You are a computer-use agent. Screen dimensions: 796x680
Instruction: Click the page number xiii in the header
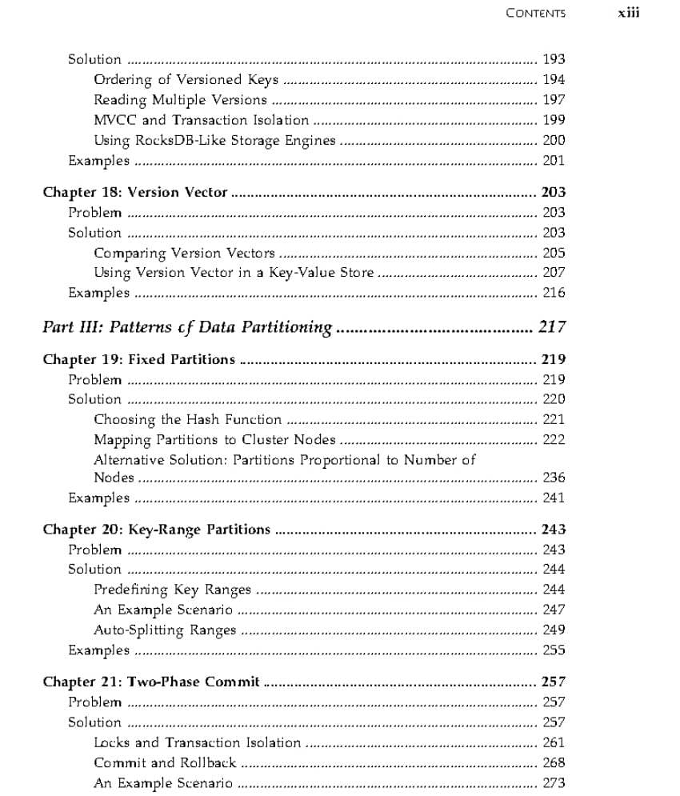pyautogui.click(x=629, y=13)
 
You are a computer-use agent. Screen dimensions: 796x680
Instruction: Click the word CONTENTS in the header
pyautogui.click(x=535, y=13)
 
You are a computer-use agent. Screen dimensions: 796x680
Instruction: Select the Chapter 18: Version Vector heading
pyautogui.click(x=135, y=192)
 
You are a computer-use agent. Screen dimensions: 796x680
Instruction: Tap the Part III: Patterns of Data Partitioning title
pyautogui.click(x=187, y=326)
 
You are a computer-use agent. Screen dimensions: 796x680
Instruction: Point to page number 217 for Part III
pyautogui.click(x=552, y=326)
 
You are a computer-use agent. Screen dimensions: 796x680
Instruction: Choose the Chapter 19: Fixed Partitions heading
pyautogui.click(x=139, y=359)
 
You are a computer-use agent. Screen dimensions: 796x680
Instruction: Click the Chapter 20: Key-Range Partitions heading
pyautogui.click(x=157, y=530)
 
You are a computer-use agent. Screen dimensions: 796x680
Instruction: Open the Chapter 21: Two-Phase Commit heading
pyautogui.click(x=151, y=682)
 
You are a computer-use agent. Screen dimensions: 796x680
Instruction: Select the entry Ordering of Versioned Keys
pyautogui.click(x=186, y=79)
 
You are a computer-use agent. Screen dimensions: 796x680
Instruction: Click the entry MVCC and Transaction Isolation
pyautogui.click(x=201, y=120)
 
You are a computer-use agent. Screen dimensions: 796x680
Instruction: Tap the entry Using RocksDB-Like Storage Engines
pyautogui.click(x=214, y=140)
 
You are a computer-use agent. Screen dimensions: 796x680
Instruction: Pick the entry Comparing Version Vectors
pyautogui.click(x=184, y=253)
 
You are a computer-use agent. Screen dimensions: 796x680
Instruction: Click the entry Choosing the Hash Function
pyautogui.click(x=188, y=419)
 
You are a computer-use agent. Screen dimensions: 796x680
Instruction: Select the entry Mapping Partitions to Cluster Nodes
pyautogui.click(x=214, y=439)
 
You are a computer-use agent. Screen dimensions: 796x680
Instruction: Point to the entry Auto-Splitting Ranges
pyautogui.click(x=165, y=630)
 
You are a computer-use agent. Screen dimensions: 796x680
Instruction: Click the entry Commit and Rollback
pyautogui.click(x=165, y=762)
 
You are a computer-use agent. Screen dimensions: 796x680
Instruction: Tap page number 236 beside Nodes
pyautogui.click(x=554, y=478)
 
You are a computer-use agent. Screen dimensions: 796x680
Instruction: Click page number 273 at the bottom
pyautogui.click(x=554, y=783)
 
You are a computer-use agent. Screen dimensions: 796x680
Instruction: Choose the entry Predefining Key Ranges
pyautogui.click(x=172, y=590)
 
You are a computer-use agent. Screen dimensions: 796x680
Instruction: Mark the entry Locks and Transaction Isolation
pyautogui.click(x=198, y=742)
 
